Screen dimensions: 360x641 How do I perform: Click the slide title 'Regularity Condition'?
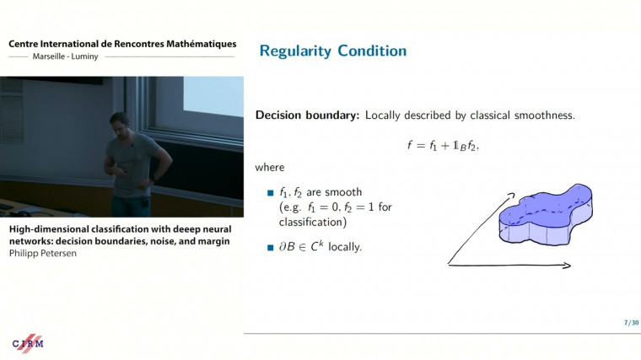[332, 51]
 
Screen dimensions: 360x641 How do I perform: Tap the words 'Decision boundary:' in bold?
[308, 115]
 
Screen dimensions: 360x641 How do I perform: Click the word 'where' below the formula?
[270, 168]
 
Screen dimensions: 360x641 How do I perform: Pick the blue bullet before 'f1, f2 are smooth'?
[271, 193]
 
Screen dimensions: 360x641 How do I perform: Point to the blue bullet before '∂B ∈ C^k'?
[271, 248]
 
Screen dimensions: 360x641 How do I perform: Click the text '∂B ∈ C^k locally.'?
[320, 247]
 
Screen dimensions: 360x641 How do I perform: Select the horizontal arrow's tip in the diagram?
[568, 266]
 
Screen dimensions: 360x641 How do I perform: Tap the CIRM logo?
[28, 342]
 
